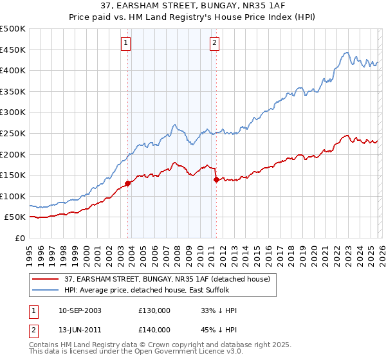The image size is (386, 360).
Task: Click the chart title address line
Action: pyautogui.click(x=193, y=8)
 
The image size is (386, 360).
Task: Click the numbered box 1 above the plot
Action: pyautogui.click(x=125, y=43)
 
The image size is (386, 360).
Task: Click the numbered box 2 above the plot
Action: pyautogui.click(x=214, y=43)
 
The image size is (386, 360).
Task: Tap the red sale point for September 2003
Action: pyautogui.click(x=128, y=183)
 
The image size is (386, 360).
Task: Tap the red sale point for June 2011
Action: pyautogui.click(x=216, y=180)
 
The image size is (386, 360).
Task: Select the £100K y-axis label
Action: pyautogui.click(x=13, y=196)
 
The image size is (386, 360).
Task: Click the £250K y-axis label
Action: pyautogui.click(x=13, y=133)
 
